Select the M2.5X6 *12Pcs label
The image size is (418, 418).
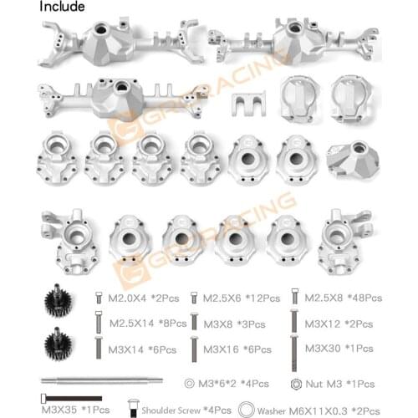pyautogui.click(x=235, y=298)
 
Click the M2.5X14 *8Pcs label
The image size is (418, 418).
pyautogui.click(x=144, y=322)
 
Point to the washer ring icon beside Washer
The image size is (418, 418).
pyautogui.click(x=247, y=410)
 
